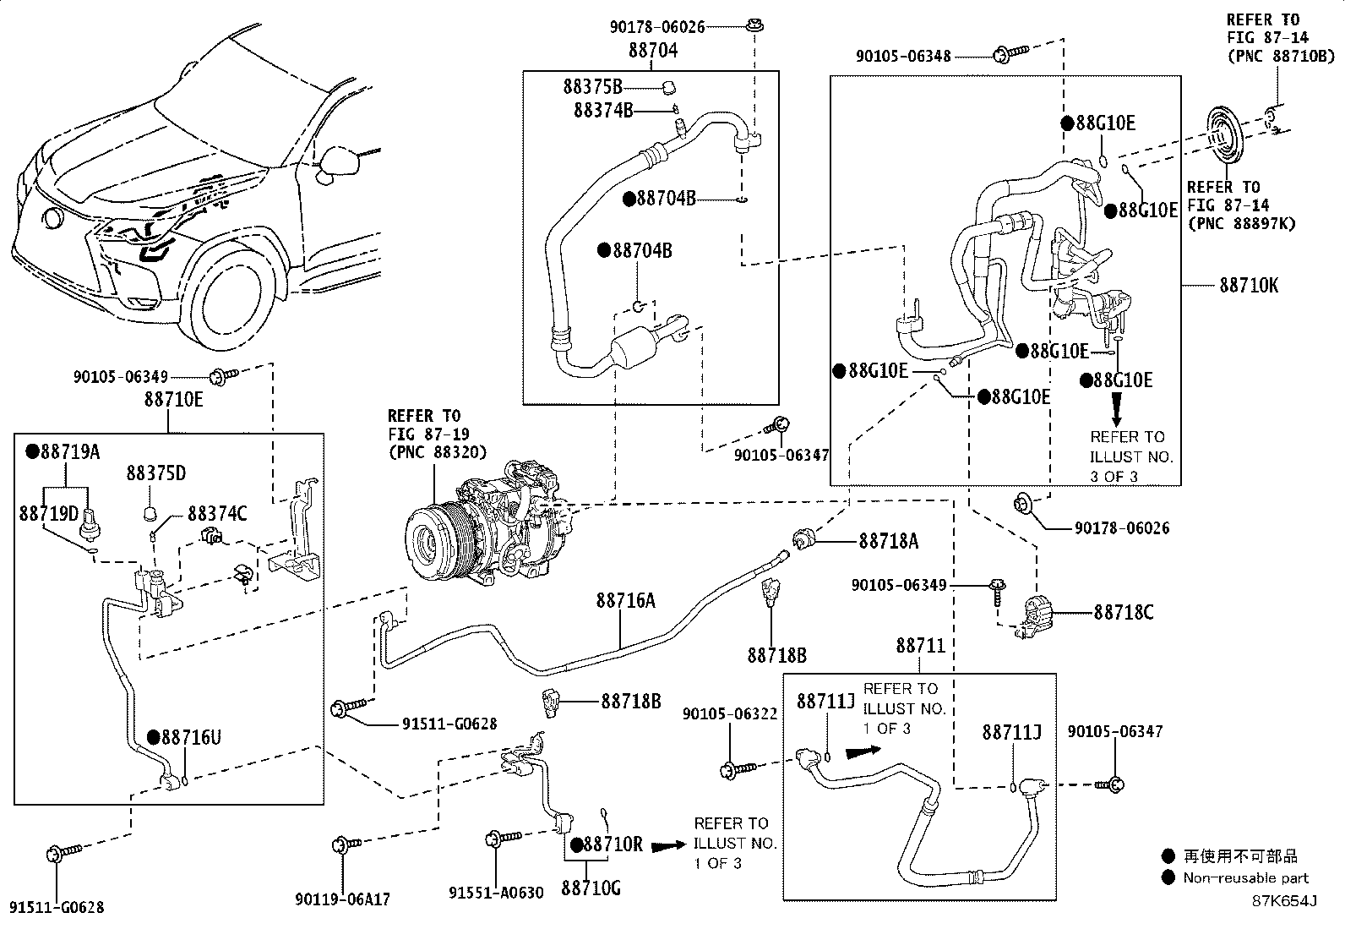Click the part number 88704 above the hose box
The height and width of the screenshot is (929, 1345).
pos(652,51)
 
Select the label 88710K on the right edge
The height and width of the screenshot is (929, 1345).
pos(1248,286)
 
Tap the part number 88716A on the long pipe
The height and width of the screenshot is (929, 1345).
pos(625,601)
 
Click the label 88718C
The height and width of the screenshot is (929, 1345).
pos(1124,612)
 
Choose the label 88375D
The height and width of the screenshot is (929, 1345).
pos(156,473)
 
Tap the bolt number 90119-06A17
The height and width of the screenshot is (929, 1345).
pos(343,900)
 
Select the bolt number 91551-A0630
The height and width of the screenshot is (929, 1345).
pos(496,893)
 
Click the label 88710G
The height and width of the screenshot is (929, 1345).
pos(591,888)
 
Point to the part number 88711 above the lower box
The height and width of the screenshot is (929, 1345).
pos(920,647)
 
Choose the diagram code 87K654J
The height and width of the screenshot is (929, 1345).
pos(1284,900)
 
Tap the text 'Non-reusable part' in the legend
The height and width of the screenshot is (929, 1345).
pos(1245,878)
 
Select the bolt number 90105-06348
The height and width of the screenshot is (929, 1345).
pos(903,57)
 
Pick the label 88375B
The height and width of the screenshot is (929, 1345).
pos(592,86)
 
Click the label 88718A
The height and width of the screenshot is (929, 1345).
pos(888,541)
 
